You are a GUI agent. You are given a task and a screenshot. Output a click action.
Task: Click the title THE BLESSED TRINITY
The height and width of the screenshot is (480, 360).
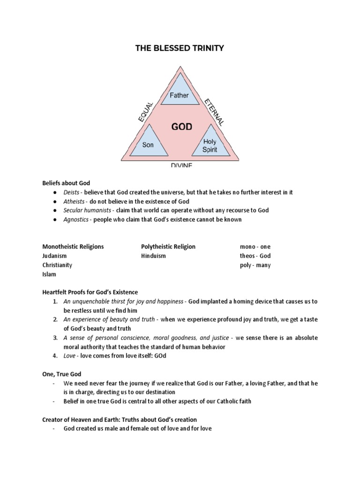click(180, 47)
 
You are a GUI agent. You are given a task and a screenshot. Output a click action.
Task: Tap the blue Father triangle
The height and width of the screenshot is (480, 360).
click(179, 94)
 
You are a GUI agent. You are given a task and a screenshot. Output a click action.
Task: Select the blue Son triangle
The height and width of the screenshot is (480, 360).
click(148, 142)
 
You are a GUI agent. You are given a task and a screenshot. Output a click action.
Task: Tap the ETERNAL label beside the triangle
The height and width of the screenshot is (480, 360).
click(214, 112)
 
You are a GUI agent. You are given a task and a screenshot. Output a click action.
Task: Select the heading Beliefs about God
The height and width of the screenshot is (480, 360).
click(66, 183)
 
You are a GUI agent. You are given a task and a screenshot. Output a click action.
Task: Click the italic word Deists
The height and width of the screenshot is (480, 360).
click(72, 193)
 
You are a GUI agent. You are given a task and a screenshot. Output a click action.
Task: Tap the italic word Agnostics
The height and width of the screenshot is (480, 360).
click(76, 219)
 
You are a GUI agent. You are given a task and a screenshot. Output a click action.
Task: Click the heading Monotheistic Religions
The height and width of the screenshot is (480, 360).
click(73, 247)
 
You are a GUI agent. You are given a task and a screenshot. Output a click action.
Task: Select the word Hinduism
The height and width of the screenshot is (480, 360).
click(153, 256)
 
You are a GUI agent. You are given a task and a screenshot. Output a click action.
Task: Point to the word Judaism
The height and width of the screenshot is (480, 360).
click(55, 256)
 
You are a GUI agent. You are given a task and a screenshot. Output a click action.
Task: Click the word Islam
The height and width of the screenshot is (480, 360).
click(49, 274)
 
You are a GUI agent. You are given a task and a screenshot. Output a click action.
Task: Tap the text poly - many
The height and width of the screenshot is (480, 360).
click(255, 265)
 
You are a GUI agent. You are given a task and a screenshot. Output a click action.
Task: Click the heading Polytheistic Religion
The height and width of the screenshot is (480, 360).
click(168, 247)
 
